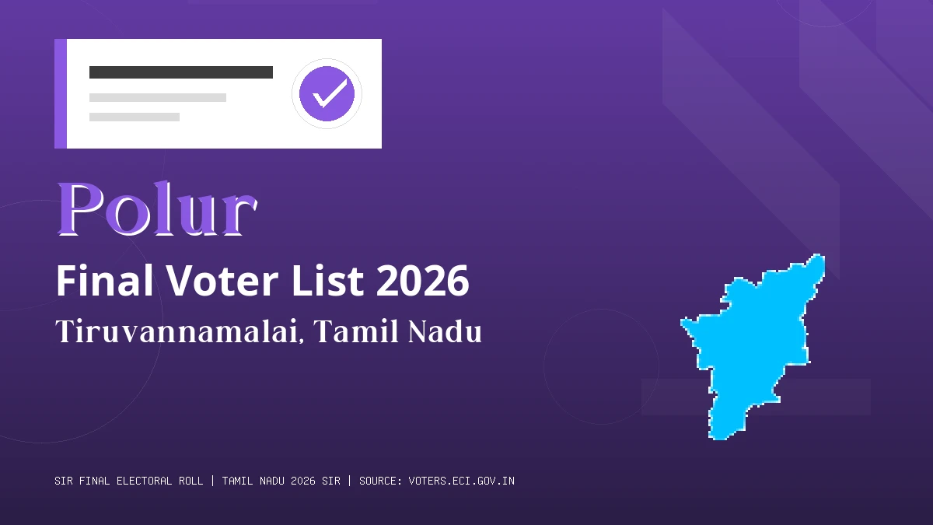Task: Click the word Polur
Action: click(156, 209)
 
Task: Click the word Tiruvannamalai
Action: click(178, 332)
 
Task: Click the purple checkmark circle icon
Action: click(327, 93)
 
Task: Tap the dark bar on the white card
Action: click(180, 72)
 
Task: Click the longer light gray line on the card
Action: click(157, 98)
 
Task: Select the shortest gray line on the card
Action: click(134, 117)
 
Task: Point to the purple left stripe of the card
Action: click(60, 93)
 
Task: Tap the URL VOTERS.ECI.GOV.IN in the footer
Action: click(461, 481)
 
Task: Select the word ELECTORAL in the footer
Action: click(145, 481)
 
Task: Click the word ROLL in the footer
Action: click(190, 481)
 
